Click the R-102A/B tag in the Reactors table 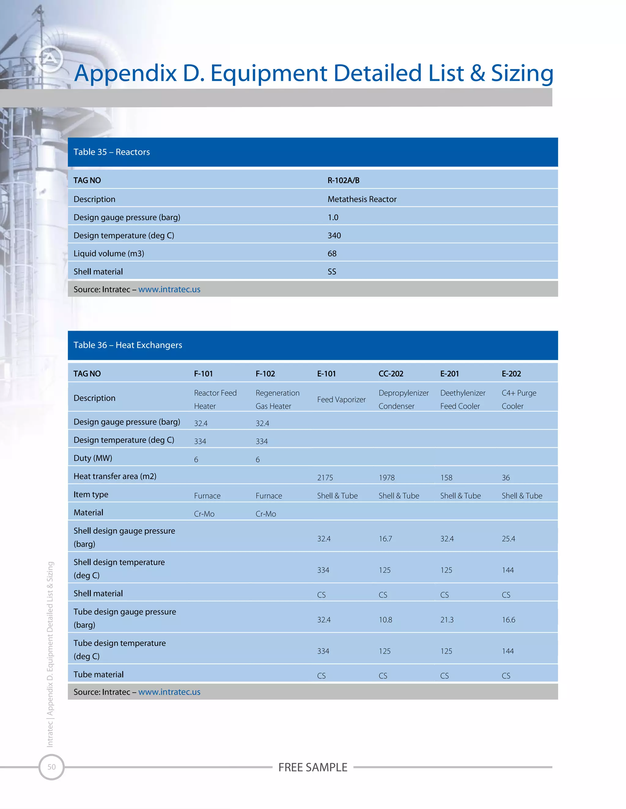coord(343,180)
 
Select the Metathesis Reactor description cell coord(362,199)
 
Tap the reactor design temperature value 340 coord(334,236)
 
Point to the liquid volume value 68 coord(332,254)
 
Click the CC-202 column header coord(391,374)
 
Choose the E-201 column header coord(449,374)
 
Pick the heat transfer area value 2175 coord(325,478)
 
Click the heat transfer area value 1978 coord(386,478)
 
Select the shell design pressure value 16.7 coord(385,539)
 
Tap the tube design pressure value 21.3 coord(447,620)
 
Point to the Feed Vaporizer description coord(341,400)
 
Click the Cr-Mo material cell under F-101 coord(204,514)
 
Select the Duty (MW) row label coord(93,458)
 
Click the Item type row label coord(91,495)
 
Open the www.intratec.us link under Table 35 coord(169,290)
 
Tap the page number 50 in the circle coord(52,767)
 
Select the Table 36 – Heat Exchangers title coord(127,345)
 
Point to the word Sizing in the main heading coord(522,73)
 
